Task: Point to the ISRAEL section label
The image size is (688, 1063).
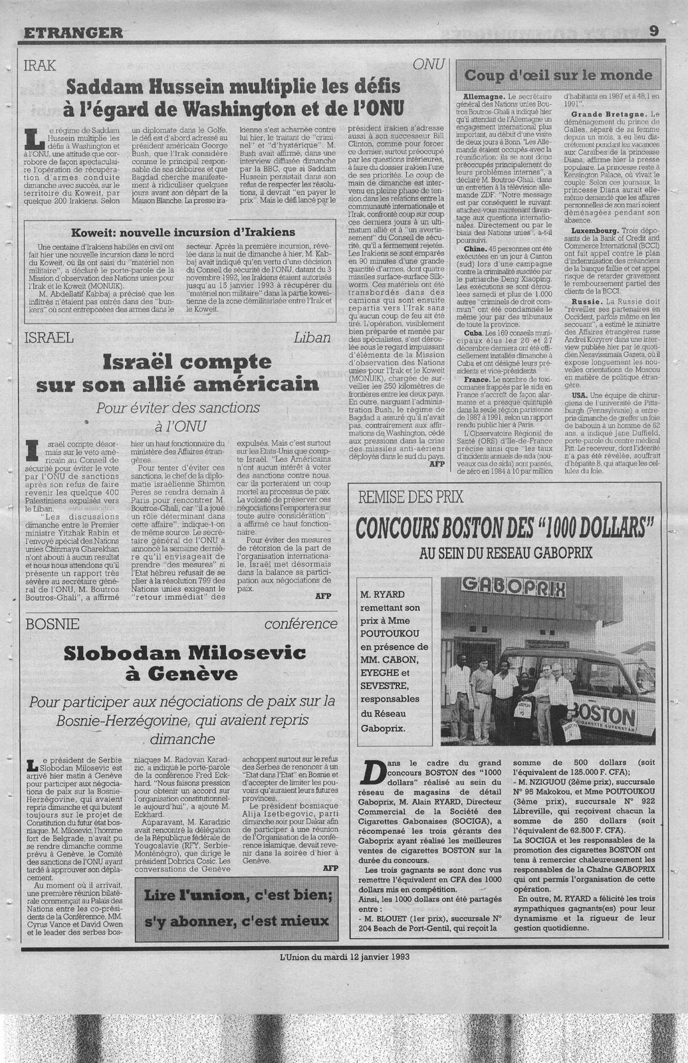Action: coord(48,338)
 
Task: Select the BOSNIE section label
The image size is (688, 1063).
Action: coord(51,623)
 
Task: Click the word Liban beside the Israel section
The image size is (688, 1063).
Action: coord(311,338)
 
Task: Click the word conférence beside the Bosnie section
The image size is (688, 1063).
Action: coord(300,624)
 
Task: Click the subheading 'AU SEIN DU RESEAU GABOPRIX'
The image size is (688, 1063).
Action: coord(505,552)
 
